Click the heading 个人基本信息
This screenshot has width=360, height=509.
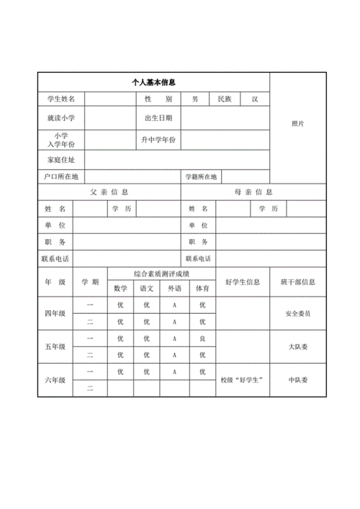tap(153, 83)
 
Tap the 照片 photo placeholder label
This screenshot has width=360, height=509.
tap(297, 124)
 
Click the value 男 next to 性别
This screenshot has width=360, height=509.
tap(194, 99)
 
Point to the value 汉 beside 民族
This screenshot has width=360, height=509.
tap(254, 99)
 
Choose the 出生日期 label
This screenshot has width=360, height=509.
tap(158, 118)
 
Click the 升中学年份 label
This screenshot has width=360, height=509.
tap(158, 139)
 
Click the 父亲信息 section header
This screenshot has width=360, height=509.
tap(109, 192)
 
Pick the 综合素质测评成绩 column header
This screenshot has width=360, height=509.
tap(161, 274)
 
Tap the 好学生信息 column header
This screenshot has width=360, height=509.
tap(242, 281)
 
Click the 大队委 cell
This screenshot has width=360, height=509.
tap(297, 346)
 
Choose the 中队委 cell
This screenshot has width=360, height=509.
tap(297, 379)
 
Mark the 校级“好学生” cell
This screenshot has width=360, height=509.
tap(242, 379)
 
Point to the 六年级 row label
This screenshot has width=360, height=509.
tap(55, 379)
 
